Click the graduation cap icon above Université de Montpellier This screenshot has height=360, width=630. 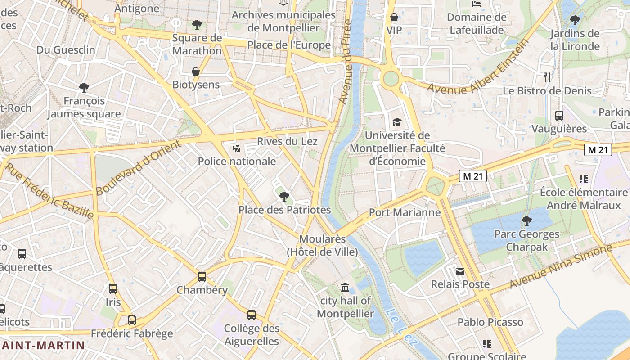[x=396, y=122]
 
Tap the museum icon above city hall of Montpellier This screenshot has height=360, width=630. [x=345, y=287]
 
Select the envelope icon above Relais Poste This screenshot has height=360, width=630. [x=460, y=271]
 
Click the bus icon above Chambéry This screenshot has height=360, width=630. [x=202, y=276]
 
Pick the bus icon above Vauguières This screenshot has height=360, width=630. [x=559, y=116]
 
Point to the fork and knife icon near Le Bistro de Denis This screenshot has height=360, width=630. [x=547, y=77]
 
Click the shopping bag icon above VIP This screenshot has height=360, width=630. [x=394, y=17]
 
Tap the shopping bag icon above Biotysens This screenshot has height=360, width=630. [x=196, y=72]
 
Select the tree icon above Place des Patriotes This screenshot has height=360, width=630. [x=284, y=196]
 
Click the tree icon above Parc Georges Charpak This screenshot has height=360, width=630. [x=526, y=220]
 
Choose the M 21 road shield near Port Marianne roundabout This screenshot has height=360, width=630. [x=473, y=176]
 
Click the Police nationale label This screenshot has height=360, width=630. [x=237, y=161]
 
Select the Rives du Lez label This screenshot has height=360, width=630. [x=287, y=141]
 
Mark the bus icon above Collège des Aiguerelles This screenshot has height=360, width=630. [x=252, y=315]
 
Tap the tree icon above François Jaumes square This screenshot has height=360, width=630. [x=84, y=88]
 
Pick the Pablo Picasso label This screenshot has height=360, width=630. [x=490, y=322]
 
